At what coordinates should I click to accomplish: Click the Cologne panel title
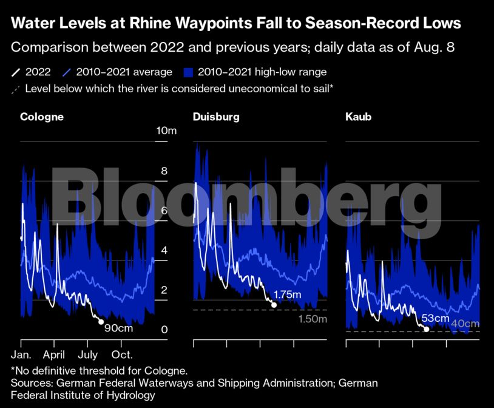42,117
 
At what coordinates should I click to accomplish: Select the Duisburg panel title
216,117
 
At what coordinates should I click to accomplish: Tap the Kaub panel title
358,117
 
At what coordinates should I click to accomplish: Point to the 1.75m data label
287,296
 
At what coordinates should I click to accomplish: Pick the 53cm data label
435,318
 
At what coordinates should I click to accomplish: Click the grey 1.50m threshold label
313,319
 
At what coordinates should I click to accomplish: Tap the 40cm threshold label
465,324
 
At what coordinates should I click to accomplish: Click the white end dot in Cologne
101,322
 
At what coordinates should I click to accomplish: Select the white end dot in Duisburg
274,304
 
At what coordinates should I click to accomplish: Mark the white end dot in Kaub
426,329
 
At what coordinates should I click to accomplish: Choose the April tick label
55,354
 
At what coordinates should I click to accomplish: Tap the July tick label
88,354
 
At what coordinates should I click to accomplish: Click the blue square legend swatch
189,73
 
